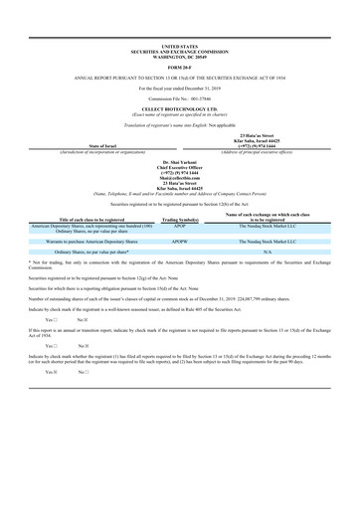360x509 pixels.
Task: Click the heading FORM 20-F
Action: tap(179, 67)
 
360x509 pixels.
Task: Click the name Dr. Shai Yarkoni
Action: tap(179, 159)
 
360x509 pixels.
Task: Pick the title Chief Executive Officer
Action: tap(179, 164)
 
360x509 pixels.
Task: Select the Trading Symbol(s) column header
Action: tap(181, 220)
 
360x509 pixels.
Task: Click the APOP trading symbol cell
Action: tap(181, 225)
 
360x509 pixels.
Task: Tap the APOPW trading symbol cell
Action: tap(181, 241)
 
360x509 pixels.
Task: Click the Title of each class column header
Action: tap(90, 220)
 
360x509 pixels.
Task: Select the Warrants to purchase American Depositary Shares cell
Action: tap(90, 241)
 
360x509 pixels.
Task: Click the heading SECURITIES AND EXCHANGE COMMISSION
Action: tap(179, 50)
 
